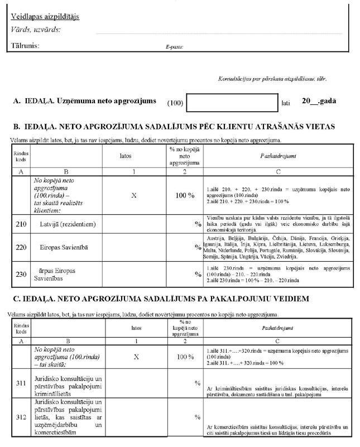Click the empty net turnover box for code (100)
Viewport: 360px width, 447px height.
[x=232, y=103]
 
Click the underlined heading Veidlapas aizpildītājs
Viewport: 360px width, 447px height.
[x=45, y=16]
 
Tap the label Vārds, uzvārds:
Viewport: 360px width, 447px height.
[x=35, y=30]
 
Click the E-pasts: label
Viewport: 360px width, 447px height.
[x=174, y=47]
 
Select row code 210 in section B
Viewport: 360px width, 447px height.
[x=20, y=224]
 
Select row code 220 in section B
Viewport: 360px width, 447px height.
[x=20, y=246]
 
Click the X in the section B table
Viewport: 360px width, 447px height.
[x=133, y=196]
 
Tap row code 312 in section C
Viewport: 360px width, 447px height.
[x=20, y=416]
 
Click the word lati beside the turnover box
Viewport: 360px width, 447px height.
[x=286, y=104]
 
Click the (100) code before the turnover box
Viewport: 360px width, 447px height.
[x=175, y=104]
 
